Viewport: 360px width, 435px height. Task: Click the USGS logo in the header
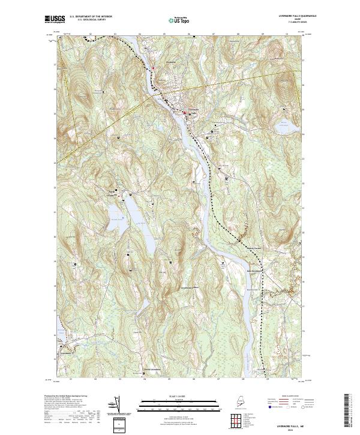[x=55, y=19]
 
